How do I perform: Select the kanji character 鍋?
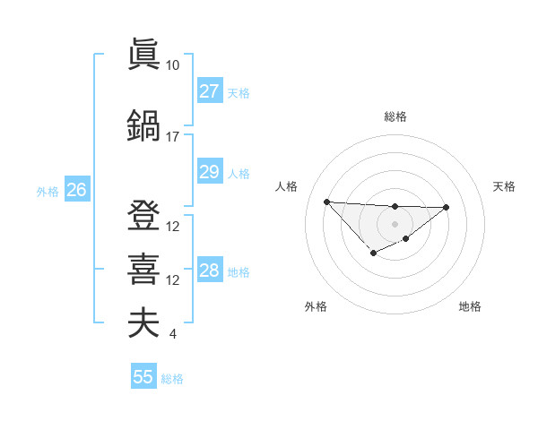143,125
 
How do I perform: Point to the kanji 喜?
143,268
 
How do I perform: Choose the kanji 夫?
143,322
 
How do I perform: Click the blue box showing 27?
209,91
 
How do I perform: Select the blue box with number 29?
209,172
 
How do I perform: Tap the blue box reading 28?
209,271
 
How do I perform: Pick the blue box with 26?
76,190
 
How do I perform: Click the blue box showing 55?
143,377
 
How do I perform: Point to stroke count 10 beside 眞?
173,65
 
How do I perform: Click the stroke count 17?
173,137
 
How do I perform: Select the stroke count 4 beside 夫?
172,335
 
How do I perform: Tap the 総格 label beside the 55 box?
172,379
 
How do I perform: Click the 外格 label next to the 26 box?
47,191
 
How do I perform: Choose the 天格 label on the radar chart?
504,186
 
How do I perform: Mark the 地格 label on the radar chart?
470,306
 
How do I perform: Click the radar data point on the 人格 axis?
326,202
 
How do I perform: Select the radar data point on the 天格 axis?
447,208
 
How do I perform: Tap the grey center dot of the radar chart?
395,223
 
